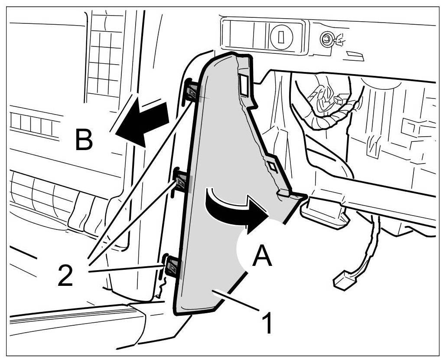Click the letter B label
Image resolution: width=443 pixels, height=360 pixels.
(x=84, y=140)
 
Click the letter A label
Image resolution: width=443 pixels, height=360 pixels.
(x=262, y=256)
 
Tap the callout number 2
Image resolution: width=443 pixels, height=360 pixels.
(x=65, y=276)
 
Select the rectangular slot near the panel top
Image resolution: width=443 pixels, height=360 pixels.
(x=244, y=84)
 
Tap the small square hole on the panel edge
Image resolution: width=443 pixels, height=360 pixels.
(x=272, y=167)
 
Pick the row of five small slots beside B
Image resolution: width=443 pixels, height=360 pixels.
(x=33, y=123)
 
